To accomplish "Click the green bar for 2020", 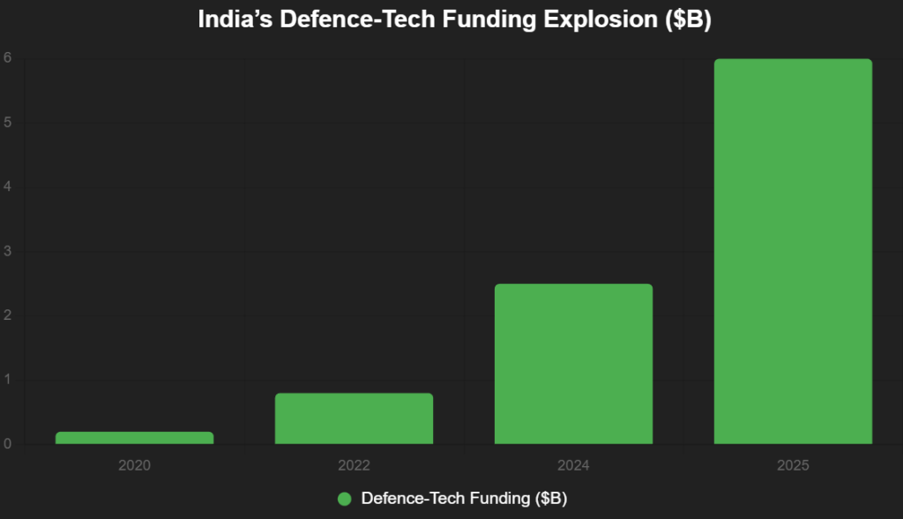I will tap(134, 438).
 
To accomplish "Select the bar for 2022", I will tap(354, 419).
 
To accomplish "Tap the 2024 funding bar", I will tap(573, 364).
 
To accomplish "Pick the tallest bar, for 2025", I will tap(793, 251).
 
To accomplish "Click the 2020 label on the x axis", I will tap(134, 464).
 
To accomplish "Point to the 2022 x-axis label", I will tap(354, 464).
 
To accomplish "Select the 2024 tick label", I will tap(573, 464).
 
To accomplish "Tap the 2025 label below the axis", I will tap(793, 464).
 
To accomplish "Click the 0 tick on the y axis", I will tap(7, 444).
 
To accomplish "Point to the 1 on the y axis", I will tap(7, 380).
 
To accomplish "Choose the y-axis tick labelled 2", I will tap(7, 315).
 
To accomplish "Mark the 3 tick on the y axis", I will tap(7, 251).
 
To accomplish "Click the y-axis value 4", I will tap(7, 187).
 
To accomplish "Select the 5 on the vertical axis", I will tap(7, 122).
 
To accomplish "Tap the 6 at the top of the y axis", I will tap(7, 58).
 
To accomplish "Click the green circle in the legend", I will tap(345, 499).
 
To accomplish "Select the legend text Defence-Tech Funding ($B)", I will tap(464, 499).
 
